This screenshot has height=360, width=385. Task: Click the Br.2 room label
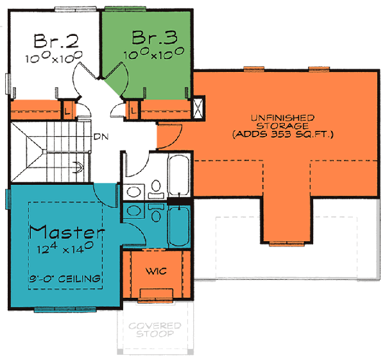[x=56, y=42]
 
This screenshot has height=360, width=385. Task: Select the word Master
[x=67, y=230]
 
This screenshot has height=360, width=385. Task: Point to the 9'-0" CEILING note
[x=67, y=279]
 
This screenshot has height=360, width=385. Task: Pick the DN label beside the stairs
[x=100, y=137]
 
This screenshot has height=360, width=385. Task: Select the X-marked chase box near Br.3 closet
[x=199, y=105]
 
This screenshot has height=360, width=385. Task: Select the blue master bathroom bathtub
[x=179, y=228]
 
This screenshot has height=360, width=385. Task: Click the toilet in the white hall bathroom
[x=155, y=187]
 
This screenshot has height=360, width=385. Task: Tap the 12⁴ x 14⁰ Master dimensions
[x=66, y=247]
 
